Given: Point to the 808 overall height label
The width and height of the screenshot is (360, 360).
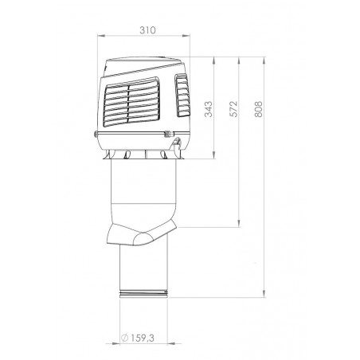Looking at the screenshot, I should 257,110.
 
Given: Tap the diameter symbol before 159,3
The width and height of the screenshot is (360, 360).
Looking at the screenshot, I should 126,338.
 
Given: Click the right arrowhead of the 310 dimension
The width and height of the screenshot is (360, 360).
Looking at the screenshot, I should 191,36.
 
